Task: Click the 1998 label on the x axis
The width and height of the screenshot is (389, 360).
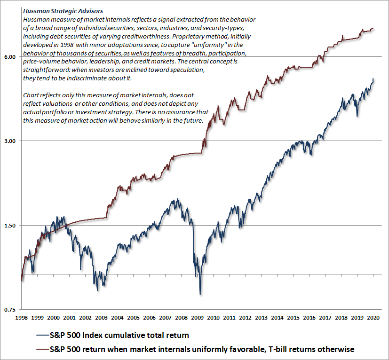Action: (x=22, y=318)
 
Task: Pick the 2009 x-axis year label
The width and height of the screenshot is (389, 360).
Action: (x=197, y=318)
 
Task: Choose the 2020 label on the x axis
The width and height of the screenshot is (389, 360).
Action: (x=373, y=318)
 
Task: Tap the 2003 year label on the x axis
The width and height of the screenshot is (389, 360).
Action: (x=101, y=318)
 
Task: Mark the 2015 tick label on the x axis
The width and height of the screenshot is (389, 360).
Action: (x=293, y=318)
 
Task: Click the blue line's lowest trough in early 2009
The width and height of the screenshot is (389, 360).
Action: (x=200, y=294)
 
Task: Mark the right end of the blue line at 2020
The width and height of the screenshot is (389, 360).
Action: (x=373, y=79)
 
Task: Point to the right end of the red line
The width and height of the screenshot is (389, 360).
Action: (x=373, y=29)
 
